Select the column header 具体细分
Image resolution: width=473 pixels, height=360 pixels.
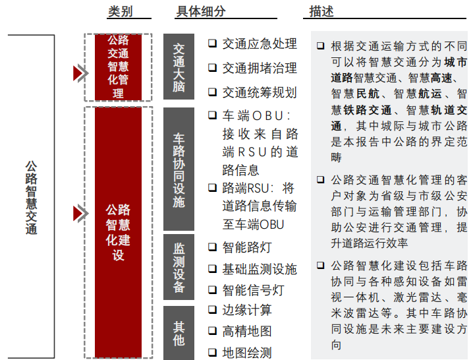tap(201, 12)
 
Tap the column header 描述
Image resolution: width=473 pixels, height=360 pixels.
tap(321, 12)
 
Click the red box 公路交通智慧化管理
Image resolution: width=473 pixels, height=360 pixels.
tap(118, 66)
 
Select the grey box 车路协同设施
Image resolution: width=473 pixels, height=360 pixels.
tap(179, 170)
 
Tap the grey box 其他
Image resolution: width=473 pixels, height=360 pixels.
tap(179, 333)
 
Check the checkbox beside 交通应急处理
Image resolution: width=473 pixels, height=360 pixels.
tap(213, 44)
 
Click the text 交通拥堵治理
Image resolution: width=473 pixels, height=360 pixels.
tap(260, 68)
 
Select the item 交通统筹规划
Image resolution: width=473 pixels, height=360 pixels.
tap(260, 92)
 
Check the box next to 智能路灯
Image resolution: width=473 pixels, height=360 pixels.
tap(213, 247)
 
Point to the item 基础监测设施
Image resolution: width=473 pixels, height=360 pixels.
tap(260, 269)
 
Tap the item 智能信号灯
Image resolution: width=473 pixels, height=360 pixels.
tap(253, 290)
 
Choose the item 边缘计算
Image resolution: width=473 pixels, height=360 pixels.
tap(247, 310)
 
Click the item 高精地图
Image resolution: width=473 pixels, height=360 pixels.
tap(247, 332)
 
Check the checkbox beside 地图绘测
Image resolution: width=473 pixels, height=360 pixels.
tap(213, 352)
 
